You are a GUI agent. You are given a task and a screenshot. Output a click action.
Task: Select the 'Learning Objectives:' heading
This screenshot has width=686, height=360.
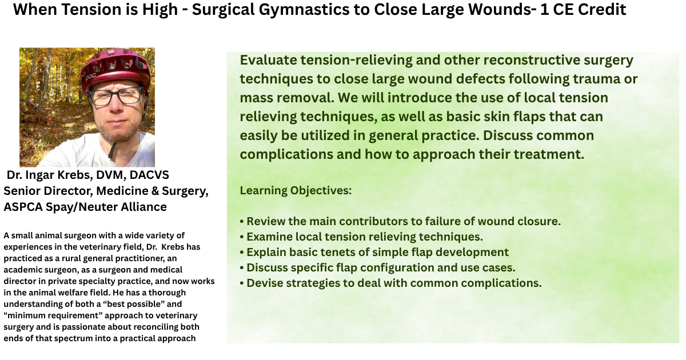click(296, 190)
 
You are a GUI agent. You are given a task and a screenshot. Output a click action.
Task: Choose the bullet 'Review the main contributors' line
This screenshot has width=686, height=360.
click(400, 221)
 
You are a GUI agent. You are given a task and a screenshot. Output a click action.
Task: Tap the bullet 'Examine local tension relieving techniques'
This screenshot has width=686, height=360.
click(361, 237)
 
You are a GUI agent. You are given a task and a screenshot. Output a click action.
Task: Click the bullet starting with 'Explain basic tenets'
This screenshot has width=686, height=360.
click(374, 252)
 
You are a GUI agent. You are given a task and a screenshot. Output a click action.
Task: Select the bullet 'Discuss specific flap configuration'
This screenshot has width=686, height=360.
click(377, 267)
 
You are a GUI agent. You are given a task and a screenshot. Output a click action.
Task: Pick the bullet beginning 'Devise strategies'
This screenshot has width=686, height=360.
click(390, 283)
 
